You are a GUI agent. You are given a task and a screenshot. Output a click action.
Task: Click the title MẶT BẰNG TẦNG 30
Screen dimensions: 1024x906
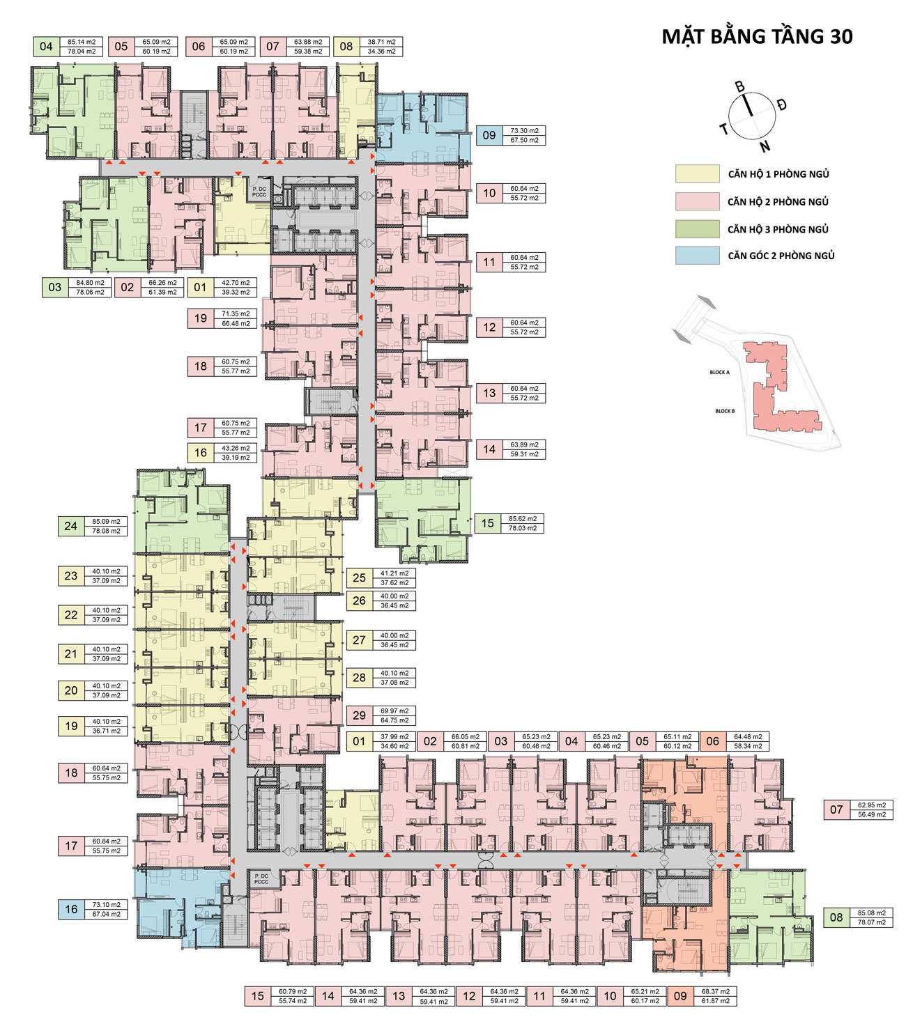tap(757, 37)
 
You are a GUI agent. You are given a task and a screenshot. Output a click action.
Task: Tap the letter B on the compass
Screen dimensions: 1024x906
tap(740, 87)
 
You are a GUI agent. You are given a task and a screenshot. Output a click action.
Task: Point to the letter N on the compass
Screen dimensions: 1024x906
tap(765, 146)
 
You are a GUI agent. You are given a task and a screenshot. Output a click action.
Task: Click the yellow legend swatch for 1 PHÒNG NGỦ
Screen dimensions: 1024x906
tap(697, 174)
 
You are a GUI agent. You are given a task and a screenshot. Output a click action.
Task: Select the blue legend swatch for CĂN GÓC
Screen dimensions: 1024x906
tap(697, 256)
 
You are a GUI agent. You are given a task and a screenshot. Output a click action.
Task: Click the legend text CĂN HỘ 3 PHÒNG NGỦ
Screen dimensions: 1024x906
tap(778, 229)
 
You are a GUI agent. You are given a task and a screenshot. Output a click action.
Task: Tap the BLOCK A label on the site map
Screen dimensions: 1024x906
tap(719, 373)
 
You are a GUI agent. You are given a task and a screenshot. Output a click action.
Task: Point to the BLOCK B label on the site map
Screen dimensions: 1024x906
tap(725, 411)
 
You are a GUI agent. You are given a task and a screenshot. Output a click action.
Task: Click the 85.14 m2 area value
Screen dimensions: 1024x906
tap(82, 42)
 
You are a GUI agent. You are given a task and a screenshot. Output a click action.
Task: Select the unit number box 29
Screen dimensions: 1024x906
tap(359, 715)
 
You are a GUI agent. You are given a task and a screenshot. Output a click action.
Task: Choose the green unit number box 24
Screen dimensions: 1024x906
tap(70, 526)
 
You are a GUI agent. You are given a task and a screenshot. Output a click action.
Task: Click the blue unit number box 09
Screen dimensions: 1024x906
tap(489, 135)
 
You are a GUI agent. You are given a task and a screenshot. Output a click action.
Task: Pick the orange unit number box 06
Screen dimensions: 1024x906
tap(712, 741)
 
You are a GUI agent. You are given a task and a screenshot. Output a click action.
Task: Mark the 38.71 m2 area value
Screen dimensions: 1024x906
tap(381, 42)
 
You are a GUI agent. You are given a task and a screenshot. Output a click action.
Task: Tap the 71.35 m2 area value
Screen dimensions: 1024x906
tap(236, 313)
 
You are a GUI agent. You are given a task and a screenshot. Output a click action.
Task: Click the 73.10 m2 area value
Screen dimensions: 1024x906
tap(106, 905)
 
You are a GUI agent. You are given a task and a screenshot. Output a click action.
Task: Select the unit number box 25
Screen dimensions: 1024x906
tap(359, 577)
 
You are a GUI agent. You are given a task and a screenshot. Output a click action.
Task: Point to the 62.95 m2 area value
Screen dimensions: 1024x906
tap(872, 805)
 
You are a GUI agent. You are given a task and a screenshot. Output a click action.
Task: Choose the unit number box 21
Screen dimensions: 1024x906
tap(71, 653)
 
